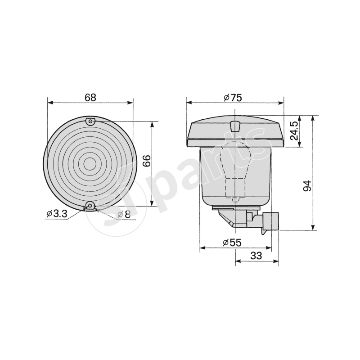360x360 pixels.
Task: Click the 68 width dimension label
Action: tap(90, 97)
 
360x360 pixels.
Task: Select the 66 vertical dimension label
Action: tap(146, 161)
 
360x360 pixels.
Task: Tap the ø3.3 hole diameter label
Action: tap(56, 214)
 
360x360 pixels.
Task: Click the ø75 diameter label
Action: tap(233, 97)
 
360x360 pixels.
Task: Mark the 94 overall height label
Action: tap(307, 186)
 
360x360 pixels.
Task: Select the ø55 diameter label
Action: tap(232, 243)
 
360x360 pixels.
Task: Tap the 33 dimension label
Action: tap(256, 256)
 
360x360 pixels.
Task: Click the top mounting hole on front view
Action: tap(90, 121)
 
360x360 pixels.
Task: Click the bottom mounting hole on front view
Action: tap(90, 207)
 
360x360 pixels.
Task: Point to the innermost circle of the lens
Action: tap(90, 164)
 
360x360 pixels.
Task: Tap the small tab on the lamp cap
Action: tap(234, 126)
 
